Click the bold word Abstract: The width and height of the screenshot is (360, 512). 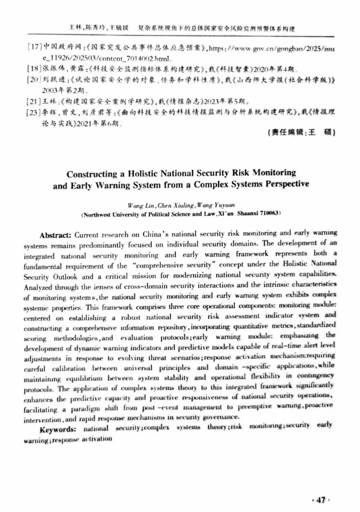coord(55,235)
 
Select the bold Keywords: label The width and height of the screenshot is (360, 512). coord(58,429)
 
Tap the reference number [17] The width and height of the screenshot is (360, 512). coord(34,47)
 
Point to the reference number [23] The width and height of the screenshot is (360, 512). coord(34,112)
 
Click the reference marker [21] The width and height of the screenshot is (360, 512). coord(34,101)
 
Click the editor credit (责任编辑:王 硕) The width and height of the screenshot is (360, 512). coord(301,133)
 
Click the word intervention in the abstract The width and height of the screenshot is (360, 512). coord(42,420)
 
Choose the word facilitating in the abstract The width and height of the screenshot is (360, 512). coord(40,410)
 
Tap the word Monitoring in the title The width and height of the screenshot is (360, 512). coord(274,173)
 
